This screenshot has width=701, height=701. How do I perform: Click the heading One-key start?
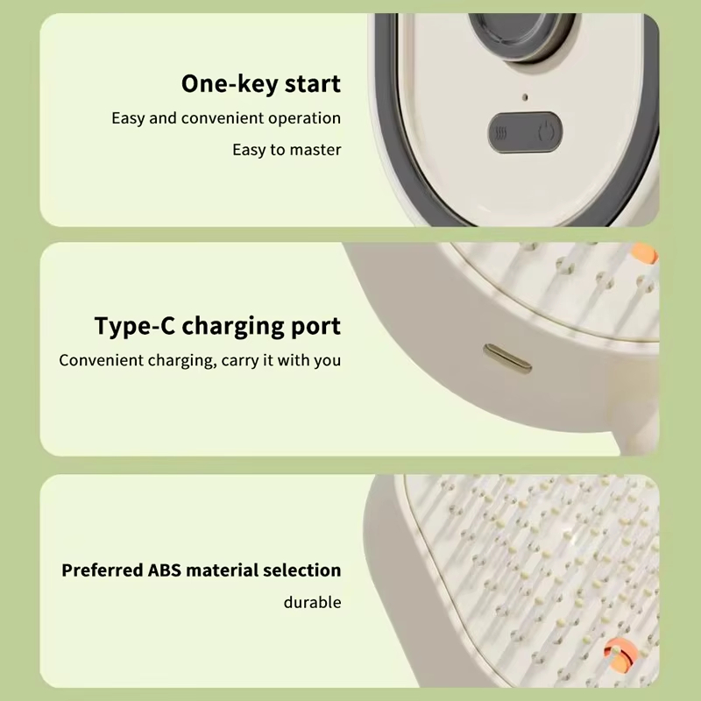(261, 84)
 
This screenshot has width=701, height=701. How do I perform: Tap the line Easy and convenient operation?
(226, 118)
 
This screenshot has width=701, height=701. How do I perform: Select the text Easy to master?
(287, 150)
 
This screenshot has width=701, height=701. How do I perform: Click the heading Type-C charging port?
(217, 326)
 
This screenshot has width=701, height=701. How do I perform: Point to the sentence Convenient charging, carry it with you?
(200, 360)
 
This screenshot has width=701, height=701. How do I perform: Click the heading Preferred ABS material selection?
(202, 570)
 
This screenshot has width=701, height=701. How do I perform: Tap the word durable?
(313, 602)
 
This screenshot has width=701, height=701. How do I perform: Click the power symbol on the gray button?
(545, 132)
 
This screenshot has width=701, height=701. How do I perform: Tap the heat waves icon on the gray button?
(500, 133)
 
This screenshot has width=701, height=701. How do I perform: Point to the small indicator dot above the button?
(525, 97)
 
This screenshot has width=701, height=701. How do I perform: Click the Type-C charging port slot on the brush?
(507, 358)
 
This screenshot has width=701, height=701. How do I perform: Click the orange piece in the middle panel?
(644, 253)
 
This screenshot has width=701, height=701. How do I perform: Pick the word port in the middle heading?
(315, 328)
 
